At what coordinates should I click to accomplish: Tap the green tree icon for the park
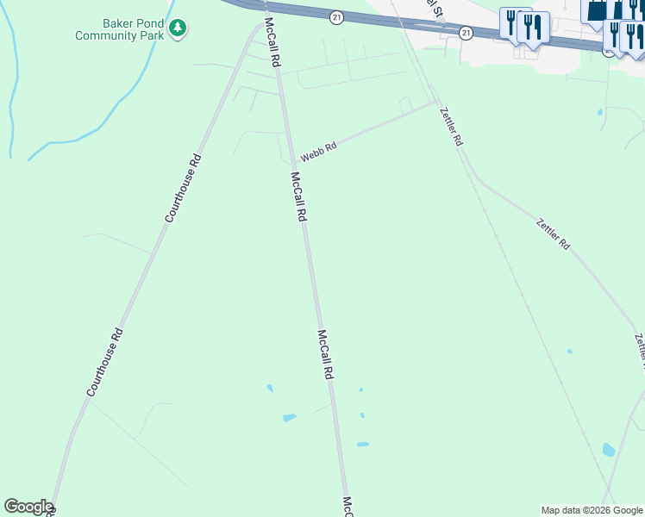tap(178, 28)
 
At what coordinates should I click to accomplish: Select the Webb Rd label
tap(318, 153)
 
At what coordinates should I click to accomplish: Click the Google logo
tap(28, 507)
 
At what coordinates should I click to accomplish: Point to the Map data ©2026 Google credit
tap(592, 510)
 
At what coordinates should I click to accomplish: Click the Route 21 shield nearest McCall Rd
tap(336, 17)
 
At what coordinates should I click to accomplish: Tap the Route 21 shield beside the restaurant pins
tap(467, 33)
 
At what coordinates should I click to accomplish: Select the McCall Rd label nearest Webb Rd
tap(298, 197)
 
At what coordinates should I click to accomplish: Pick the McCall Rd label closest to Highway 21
tap(272, 43)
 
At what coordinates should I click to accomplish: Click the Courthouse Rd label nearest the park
tap(183, 188)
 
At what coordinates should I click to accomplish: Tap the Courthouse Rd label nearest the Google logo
tap(104, 363)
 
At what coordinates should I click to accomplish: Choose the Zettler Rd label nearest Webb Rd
tap(451, 127)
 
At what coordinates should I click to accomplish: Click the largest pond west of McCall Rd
tap(289, 418)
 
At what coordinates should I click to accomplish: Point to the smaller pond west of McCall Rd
tap(270, 388)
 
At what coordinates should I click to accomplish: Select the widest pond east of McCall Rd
tap(363, 445)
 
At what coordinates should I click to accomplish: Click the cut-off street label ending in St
tap(431, 9)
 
